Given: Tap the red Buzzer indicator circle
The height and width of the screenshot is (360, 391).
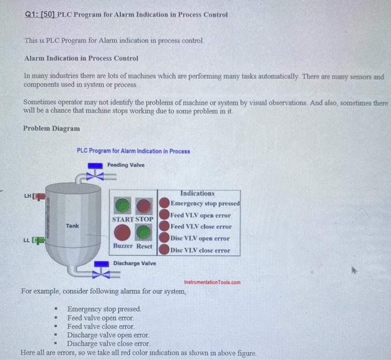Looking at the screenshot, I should pyautogui.click(x=123, y=233).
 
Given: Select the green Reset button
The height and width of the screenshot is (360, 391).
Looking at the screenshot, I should pyautogui.click(x=144, y=233).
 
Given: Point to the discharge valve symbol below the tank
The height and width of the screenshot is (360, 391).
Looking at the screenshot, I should pyautogui.click(x=101, y=272).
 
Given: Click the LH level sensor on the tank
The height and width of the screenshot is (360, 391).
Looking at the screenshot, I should pyautogui.click(x=37, y=196).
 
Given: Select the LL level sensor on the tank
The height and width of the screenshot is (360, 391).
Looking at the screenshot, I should pyautogui.click(x=38, y=241).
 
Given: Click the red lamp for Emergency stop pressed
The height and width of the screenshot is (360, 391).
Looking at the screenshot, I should pyautogui.click(x=165, y=203).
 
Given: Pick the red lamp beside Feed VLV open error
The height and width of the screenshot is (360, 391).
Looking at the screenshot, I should pyautogui.click(x=165, y=215).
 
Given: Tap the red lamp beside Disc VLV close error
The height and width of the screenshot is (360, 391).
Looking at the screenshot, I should pyautogui.click(x=165, y=250).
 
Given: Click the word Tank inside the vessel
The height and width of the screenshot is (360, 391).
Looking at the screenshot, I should pyautogui.click(x=73, y=226).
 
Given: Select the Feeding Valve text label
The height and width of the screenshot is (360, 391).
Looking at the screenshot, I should pyautogui.click(x=126, y=165).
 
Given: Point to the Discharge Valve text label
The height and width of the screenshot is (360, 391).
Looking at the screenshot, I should pyautogui.click(x=135, y=263).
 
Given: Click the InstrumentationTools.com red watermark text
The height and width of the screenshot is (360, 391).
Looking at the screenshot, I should pyautogui.click(x=212, y=282).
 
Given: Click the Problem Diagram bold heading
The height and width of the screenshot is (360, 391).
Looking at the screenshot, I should pyautogui.click(x=51, y=128).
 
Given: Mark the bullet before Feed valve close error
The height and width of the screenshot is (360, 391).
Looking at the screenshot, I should pyautogui.click(x=56, y=326).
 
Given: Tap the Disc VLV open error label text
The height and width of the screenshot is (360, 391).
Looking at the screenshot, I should pyautogui.click(x=201, y=239).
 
